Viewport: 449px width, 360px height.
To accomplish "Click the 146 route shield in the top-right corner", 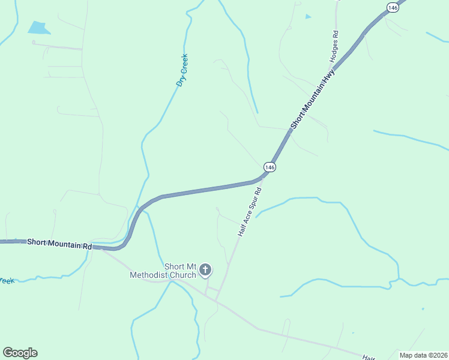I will click(x=393, y=7).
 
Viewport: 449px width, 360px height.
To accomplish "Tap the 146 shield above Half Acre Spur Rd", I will click(x=270, y=167).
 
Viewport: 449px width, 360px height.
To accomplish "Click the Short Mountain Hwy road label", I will click(x=312, y=98).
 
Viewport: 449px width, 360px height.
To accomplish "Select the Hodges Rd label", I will click(x=335, y=47).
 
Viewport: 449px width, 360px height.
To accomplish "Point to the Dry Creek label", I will click(x=182, y=70).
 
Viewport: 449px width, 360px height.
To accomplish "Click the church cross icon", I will click(x=205, y=270).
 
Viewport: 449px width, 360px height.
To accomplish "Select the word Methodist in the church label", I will click(x=152, y=275).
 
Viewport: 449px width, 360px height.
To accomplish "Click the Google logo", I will click(x=20, y=353).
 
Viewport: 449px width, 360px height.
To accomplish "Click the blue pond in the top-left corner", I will click(x=37, y=28).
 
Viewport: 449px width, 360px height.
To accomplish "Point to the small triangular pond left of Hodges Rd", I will click(x=308, y=17).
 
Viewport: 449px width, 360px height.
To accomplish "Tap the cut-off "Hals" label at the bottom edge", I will click(x=367, y=356).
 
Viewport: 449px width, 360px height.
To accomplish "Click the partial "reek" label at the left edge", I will click(x=6, y=280).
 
